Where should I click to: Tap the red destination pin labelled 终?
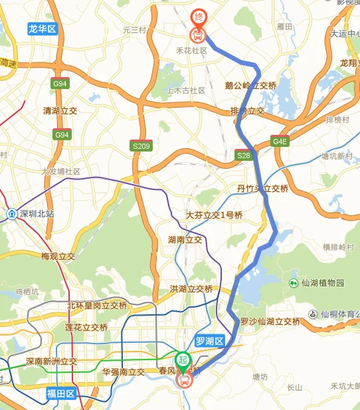[x=198, y=17]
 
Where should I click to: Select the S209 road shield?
[x=140, y=146]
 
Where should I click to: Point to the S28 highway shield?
[x=244, y=155]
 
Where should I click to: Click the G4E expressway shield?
[x=280, y=142]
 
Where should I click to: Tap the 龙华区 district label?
[x=43, y=29]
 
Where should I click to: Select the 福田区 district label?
[x=62, y=394]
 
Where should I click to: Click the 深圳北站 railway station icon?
[x=11, y=214]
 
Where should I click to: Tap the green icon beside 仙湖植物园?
[x=294, y=283]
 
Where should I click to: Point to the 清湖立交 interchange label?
[x=60, y=111]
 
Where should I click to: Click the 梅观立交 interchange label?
[x=58, y=256]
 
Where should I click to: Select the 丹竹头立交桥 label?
[x=263, y=189]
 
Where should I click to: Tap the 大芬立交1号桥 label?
[x=215, y=215]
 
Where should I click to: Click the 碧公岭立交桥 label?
[x=250, y=86]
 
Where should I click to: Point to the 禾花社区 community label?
[x=192, y=51]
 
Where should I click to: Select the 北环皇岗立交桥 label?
[x=96, y=306]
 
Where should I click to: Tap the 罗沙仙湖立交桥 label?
[x=270, y=322]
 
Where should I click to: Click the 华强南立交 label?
[x=124, y=372]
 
